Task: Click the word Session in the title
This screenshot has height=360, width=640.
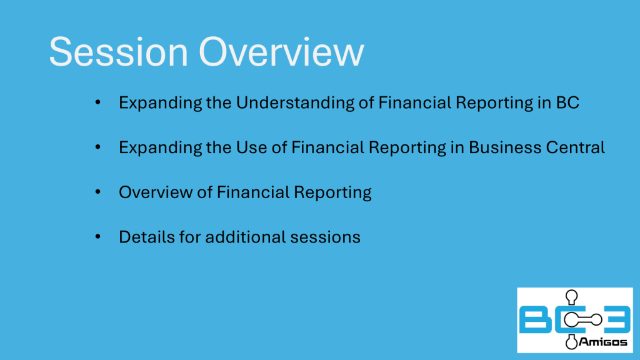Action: click(x=118, y=52)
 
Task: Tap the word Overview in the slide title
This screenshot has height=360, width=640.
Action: click(x=281, y=52)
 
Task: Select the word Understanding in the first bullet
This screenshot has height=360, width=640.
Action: click(x=295, y=103)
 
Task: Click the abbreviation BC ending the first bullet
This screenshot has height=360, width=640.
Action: click(x=567, y=102)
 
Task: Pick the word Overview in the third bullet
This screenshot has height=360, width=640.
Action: click(x=156, y=192)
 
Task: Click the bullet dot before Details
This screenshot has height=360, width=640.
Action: click(x=98, y=236)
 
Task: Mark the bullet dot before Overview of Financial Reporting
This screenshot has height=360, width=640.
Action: click(x=98, y=191)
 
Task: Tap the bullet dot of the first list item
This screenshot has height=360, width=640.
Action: click(x=98, y=102)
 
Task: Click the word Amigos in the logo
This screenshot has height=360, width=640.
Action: click(x=602, y=342)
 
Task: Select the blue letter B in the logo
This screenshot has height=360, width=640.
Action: click(x=536, y=319)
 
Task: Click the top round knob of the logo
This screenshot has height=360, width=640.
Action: click(x=571, y=296)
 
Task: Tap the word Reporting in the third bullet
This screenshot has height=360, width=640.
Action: click(x=332, y=193)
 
